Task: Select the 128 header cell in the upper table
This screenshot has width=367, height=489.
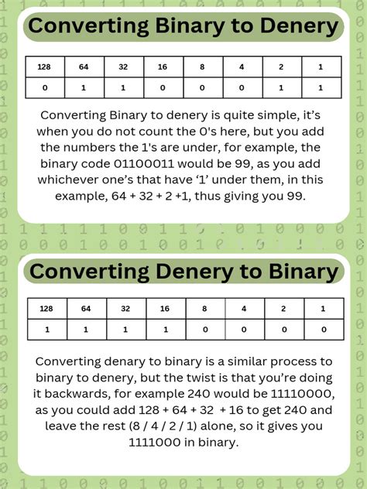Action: [x=43, y=67]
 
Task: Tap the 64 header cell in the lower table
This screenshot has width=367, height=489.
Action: [x=85, y=309]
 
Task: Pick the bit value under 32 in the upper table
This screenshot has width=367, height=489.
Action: [x=123, y=88]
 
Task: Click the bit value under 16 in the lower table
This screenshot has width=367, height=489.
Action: [x=164, y=330]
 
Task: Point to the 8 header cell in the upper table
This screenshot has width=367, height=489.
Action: [x=203, y=67]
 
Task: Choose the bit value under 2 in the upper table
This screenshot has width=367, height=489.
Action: [x=283, y=88]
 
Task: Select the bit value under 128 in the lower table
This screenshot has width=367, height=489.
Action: [x=46, y=330]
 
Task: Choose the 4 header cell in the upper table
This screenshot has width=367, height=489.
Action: [x=242, y=67]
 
